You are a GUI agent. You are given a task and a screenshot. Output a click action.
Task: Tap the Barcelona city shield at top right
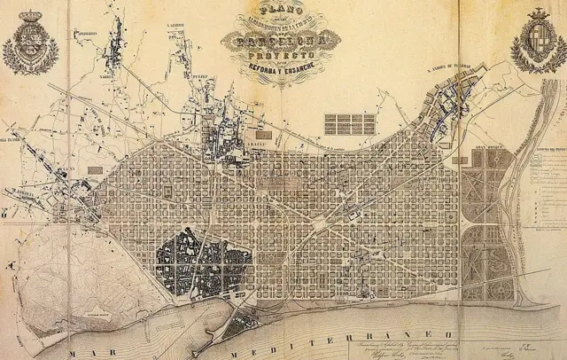538,41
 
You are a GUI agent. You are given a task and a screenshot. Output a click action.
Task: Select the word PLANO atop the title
276,11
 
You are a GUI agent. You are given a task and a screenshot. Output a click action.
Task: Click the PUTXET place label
203,78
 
